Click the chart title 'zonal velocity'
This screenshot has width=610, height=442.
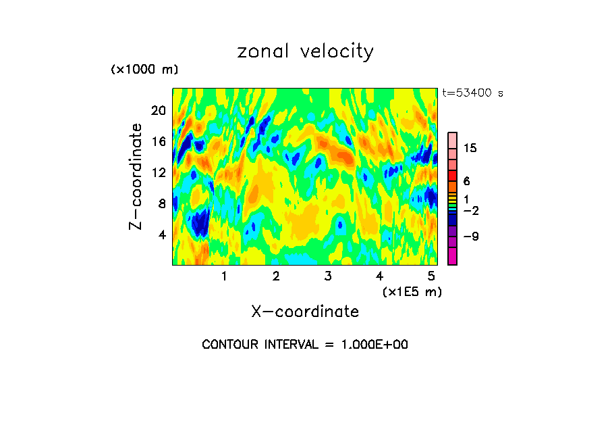(x=305, y=51)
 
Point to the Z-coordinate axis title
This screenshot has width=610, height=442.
(x=136, y=176)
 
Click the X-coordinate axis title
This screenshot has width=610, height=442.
(x=305, y=312)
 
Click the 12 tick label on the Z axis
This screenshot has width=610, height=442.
(x=158, y=172)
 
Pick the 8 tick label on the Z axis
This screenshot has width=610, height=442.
(x=161, y=203)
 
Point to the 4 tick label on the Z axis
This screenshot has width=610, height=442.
(x=161, y=235)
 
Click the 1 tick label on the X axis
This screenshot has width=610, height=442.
(x=224, y=276)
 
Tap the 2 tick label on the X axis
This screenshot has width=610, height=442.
(x=276, y=276)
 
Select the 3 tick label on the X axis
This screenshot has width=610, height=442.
(x=327, y=276)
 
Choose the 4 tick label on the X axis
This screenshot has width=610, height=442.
(x=379, y=276)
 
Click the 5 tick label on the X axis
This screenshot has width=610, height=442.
(x=431, y=276)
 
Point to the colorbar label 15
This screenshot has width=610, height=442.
(x=470, y=149)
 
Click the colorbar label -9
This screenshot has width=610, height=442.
(x=470, y=237)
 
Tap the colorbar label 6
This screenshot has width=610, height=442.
(x=466, y=181)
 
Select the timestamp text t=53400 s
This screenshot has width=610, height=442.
(x=472, y=93)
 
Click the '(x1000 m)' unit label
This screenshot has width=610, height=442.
(x=144, y=70)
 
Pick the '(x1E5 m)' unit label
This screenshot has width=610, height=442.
(x=412, y=292)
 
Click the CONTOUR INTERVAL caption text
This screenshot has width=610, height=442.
(x=305, y=345)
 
